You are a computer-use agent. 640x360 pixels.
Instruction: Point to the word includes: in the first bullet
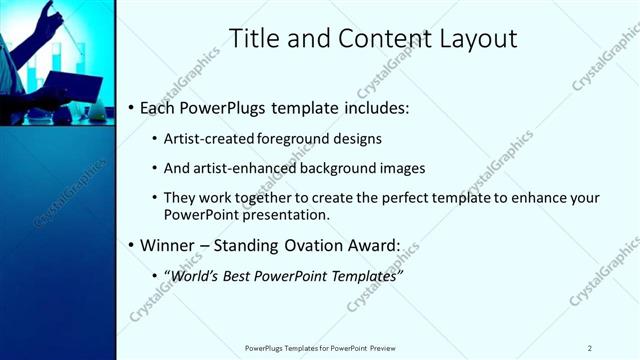372,106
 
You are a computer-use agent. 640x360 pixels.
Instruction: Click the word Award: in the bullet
372,245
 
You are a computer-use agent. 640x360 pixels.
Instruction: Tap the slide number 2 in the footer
589,347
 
